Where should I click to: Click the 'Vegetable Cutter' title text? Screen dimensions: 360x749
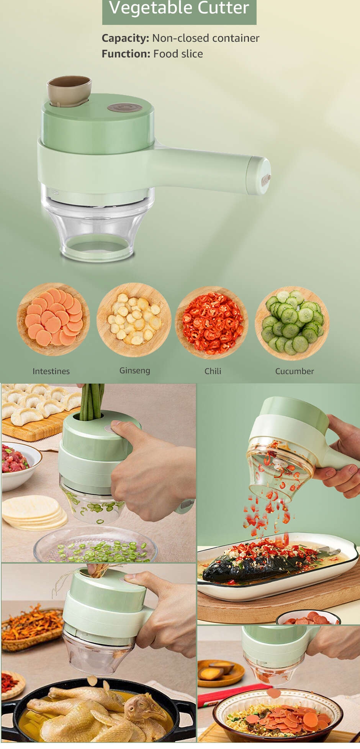pyautogui.click(x=179, y=8)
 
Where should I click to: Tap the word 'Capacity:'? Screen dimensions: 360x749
pyautogui.click(x=125, y=38)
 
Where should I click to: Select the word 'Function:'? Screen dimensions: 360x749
pyautogui.click(x=126, y=54)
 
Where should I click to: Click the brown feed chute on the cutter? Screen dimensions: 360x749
pyautogui.click(x=69, y=91)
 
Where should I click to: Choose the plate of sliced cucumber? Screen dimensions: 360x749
pyautogui.click(x=292, y=323)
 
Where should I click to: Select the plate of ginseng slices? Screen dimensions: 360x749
pyautogui.click(x=134, y=320)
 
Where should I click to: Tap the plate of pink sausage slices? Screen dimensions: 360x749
pyautogui.click(x=53, y=319)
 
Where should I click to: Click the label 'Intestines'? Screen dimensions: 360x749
pyautogui.click(x=51, y=371)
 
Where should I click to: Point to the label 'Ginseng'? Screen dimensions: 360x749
pyautogui.click(x=135, y=371)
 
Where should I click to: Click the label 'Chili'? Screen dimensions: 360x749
pyautogui.click(x=213, y=371)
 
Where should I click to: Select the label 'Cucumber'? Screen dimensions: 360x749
pyautogui.click(x=295, y=371)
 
